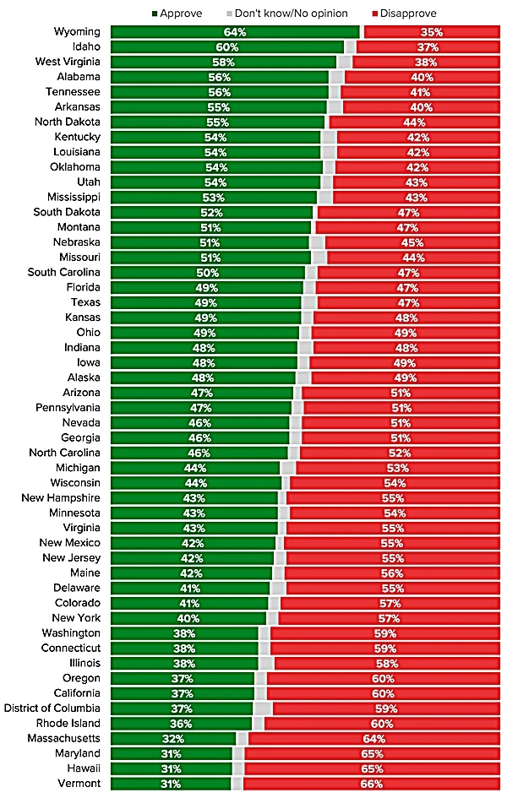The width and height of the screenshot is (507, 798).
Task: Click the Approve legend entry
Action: click(183, 14)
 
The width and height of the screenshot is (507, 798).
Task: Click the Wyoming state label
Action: click(78, 32)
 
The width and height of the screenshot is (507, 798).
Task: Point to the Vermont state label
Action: click(80, 784)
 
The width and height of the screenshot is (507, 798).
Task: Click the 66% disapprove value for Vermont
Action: click(396, 784)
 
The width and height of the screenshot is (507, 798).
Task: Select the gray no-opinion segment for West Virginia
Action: click(345, 62)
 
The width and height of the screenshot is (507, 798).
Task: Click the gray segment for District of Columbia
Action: click(263, 708)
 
